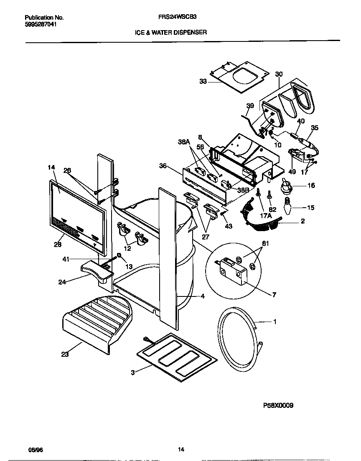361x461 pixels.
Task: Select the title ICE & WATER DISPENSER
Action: coord(170,32)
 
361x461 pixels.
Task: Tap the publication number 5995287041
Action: coord(41,24)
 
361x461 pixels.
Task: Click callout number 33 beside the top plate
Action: coord(203,82)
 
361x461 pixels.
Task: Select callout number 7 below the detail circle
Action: coord(274,295)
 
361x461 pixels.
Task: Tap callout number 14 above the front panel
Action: coord(51,167)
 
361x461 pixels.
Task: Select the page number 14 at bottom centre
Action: coord(180,449)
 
